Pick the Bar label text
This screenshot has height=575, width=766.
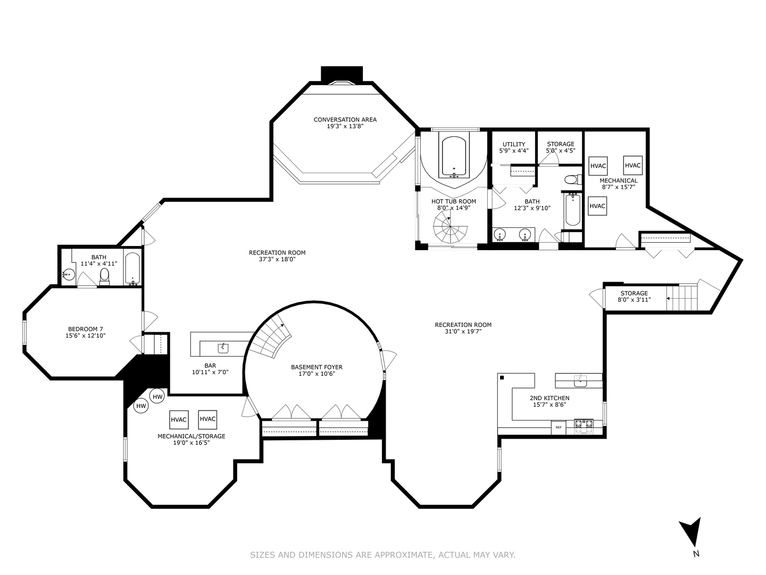210,366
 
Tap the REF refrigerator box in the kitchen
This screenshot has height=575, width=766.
559,428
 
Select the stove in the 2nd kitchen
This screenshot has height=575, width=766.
584,427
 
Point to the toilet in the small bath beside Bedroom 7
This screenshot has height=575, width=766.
104,276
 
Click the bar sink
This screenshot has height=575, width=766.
223,348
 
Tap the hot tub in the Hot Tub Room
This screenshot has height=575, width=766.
454,157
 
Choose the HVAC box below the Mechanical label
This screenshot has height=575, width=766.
597,206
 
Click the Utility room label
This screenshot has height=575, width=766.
514,144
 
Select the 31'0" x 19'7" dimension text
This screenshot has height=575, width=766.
463,331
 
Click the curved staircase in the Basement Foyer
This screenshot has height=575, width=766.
270,337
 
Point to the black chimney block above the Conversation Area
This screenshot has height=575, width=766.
342,75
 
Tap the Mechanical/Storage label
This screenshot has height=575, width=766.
191,436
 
